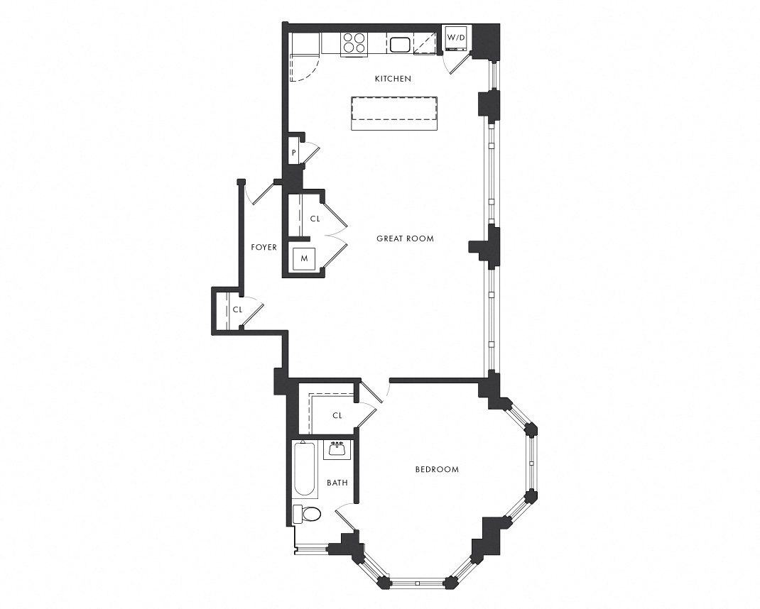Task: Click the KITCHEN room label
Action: click(393, 79)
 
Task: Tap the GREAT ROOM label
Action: click(405, 238)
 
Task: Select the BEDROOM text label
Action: click(437, 469)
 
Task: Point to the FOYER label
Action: click(264, 247)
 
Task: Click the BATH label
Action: click(337, 483)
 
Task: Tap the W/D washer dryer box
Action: click(456, 38)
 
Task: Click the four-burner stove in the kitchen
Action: click(354, 43)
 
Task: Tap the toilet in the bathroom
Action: click(308, 514)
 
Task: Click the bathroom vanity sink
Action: click(337, 449)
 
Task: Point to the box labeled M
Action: click(304, 258)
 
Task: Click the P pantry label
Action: click(293, 152)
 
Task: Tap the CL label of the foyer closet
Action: click(237, 310)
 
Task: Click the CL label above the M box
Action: click(315, 219)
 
